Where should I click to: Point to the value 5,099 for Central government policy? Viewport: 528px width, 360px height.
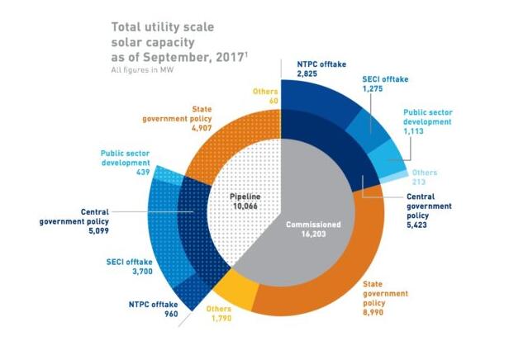[72, 233]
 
